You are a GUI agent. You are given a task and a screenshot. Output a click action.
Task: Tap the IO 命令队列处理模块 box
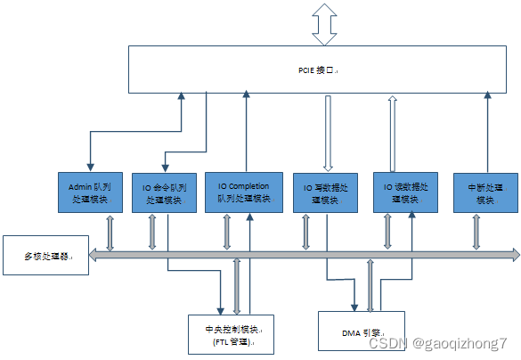(x=165, y=193)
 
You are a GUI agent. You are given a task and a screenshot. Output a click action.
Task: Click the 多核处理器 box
(x=45, y=257)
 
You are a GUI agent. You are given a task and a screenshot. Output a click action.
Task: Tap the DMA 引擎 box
(x=361, y=331)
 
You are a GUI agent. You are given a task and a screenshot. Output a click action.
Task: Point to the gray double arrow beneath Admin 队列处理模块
(x=109, y=233)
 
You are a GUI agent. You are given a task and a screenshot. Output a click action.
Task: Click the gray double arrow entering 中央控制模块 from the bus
(x=237, y=285)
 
